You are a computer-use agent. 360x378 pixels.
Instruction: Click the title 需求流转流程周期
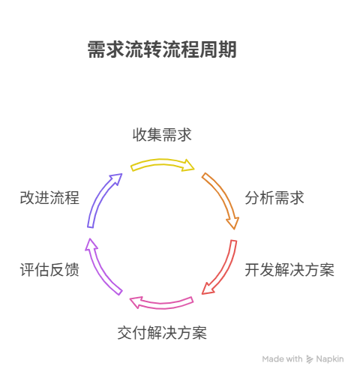coord(162,50)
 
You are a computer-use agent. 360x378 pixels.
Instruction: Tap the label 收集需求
coord(162,135)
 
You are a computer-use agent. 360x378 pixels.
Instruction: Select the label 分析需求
coord(274,199)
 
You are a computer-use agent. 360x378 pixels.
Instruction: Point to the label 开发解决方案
coord(289,270)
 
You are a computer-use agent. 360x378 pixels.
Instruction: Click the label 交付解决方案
coord(162,332)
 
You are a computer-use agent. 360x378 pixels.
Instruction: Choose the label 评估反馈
coord(49,270)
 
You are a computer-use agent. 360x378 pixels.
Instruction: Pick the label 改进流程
coord(49,199)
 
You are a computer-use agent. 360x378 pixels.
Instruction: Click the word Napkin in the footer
coord(330,358)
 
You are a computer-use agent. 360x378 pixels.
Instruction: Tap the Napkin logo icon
coord(310,358)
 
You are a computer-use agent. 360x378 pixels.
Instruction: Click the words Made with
coord(283,358)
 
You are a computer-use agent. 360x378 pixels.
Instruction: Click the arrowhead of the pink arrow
coord(136,302)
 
